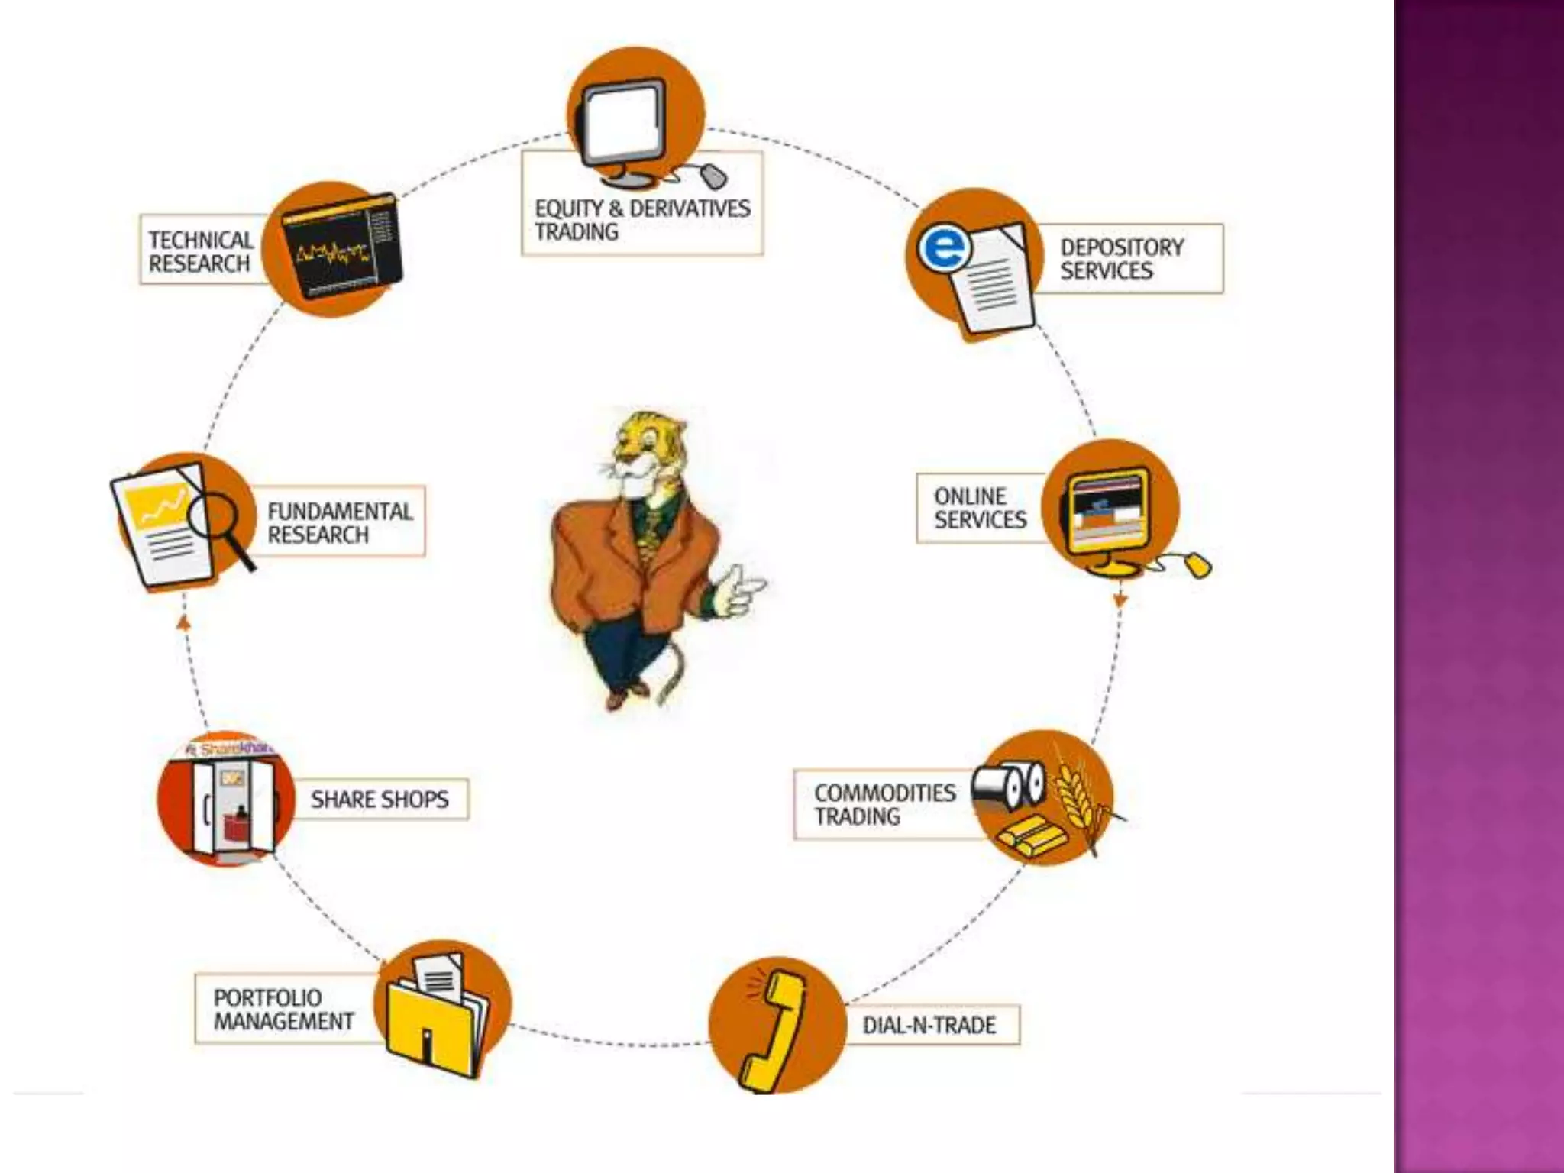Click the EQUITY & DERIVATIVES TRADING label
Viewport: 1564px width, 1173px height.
pyautogui.click(x=642, y=220)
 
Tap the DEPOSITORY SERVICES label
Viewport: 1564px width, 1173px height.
pyautogui.click(x=1121, y=259)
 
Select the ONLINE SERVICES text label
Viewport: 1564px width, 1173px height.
pyautogui.click(x=980, y=508)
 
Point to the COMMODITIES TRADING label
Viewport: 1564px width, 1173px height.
pyautogui.click(x=884, y=804)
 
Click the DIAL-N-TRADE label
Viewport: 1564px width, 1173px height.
pyautogui.click(x=929, y=1025)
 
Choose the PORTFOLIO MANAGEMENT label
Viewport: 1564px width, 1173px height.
pyautogui.click(x=283, y=1009)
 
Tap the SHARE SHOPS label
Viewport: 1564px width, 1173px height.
pyautogui.click(x=379, y=800)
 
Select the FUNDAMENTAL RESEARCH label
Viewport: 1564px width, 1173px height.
pyautogui.click(x=340, y=522)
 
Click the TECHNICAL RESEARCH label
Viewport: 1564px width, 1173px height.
pyautogui.click(x=200, y=251)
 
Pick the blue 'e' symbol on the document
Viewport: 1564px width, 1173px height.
pyautogui.click(x=945, y=248)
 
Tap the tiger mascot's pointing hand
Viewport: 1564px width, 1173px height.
pyautogui.click(x=741, y=589)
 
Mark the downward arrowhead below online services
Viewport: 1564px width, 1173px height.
pyautogui.click(x=1120, y=601)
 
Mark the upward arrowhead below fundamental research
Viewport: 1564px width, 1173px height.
pyautogui.click(x=183, y=622)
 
